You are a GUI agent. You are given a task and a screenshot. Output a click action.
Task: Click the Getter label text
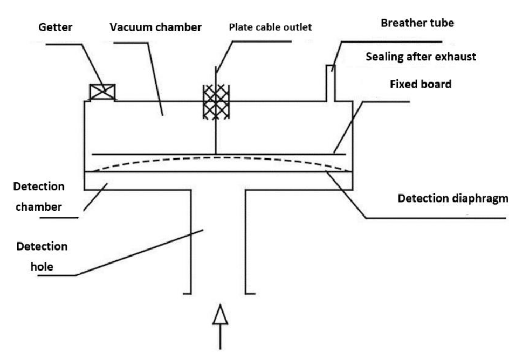point(55,27)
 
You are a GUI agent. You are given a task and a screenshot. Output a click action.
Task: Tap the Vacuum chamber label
point(155,27)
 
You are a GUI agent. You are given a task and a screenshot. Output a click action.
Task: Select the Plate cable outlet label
point(270,27)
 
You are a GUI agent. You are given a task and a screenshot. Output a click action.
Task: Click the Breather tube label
point(417,23)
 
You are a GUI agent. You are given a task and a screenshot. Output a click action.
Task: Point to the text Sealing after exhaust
point(421,57)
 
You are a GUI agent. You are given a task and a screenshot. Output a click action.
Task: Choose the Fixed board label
point(421,84)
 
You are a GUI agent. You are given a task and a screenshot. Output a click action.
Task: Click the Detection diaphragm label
point(453,198)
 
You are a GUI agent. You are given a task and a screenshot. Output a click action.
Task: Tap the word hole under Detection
point(42,267)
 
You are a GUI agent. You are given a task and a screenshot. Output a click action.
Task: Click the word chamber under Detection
point(39,207)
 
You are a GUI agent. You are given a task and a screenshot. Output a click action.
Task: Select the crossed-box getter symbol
point(102,92)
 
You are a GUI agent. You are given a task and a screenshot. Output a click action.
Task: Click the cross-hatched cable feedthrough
point(216,101)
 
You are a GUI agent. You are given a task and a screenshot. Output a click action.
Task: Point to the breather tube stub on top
point(331,84)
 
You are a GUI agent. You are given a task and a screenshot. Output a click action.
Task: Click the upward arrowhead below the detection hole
point(220,314)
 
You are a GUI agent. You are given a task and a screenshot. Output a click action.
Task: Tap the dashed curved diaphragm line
point(222,158)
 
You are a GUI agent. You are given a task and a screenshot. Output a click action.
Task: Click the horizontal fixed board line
point(219,154)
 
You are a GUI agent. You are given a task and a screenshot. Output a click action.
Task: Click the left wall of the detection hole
point(191,242)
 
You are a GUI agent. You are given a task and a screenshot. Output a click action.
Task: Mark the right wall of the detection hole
point(245,242)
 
